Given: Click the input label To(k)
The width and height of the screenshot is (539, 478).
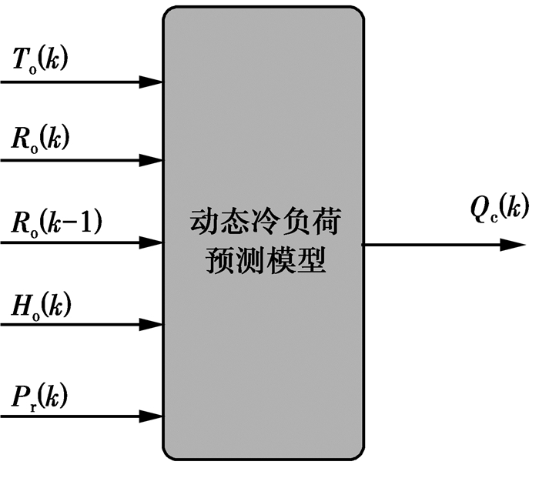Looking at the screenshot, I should pyautogui.click(x=40, y=59).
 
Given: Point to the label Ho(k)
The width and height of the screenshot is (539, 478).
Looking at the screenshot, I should pyautogui.click(x=40, y=306).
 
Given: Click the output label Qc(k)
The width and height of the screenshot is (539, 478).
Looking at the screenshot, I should pyautogui.click(x=500, y=206).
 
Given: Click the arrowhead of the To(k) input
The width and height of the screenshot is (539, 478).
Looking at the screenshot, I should pyautogui.click(x=150, y=80).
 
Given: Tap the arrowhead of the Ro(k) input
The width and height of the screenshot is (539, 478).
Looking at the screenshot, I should pyautogui.click(x=150, y=161).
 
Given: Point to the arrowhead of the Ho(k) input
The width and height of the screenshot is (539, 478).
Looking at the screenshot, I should pyautogui.click(x=150, y=325).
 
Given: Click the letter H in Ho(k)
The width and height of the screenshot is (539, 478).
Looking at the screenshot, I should pyautogui.click(x=21, y=305).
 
